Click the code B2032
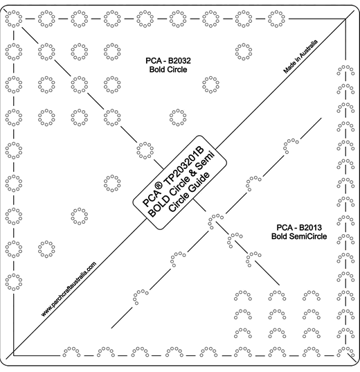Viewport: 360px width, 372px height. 179,61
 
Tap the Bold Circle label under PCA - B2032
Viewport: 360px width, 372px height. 168,69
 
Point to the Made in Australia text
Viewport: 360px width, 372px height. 300,57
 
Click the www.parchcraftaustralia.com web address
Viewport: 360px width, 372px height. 69,289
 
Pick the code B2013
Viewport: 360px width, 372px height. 310,228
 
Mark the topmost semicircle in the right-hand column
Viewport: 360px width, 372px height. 345,67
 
